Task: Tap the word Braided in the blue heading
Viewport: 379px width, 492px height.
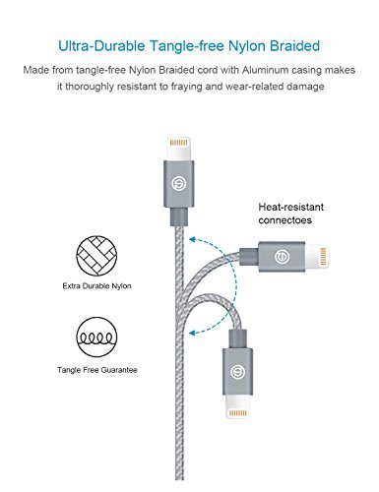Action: tap(300, 46)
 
